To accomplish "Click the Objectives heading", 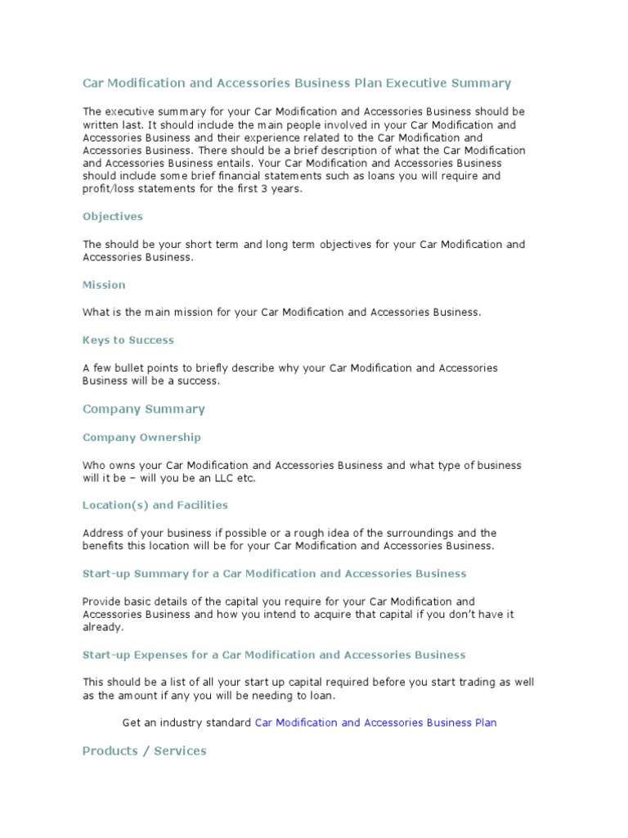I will (113, 217).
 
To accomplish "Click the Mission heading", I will (104, 285).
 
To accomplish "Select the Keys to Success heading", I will (128, 340).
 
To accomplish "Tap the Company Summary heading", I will (144, 409).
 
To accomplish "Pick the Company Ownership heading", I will (141, 437).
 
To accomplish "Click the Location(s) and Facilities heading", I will (155, 505).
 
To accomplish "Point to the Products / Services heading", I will (145, 750).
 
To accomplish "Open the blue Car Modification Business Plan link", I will (375, 723).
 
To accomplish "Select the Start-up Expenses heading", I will (274, 655).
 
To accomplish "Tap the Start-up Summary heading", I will (274, 574).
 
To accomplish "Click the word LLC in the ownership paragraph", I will (223, 479).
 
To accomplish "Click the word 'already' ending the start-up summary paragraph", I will (101, 628).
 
